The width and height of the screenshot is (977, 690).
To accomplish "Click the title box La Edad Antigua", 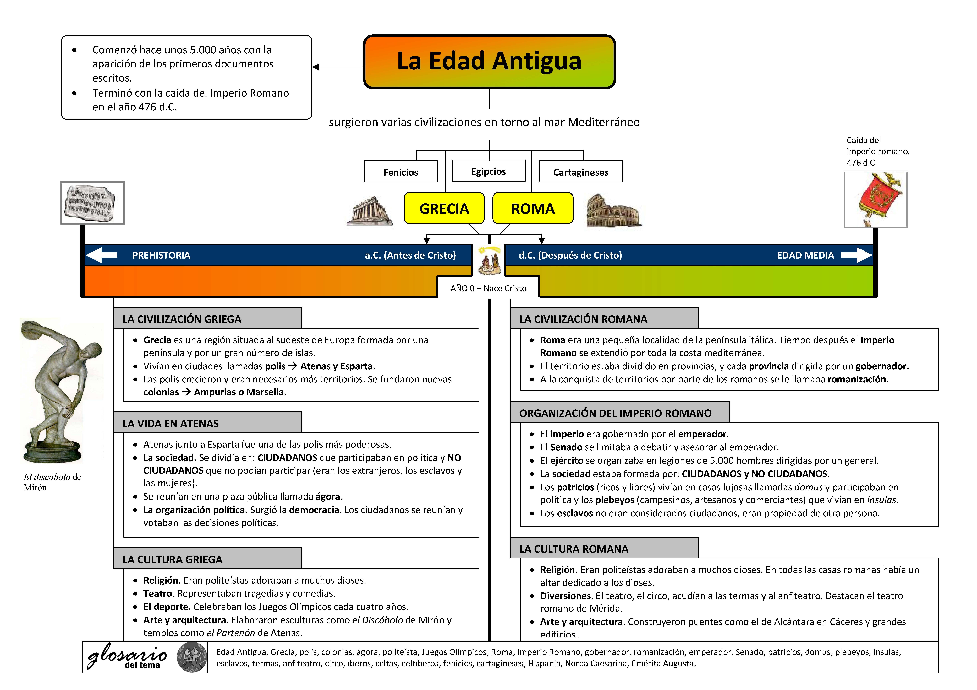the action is (489, 62).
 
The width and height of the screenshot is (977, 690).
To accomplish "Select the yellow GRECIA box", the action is (444, 208).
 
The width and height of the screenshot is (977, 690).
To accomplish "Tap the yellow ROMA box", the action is (533, 208).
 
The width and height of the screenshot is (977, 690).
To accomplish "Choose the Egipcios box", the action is (488, 171).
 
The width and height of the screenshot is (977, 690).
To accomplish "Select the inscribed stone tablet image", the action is (92, 203).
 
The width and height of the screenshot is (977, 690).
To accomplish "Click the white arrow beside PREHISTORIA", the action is (101, 255).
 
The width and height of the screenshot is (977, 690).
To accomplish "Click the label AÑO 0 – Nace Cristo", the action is (488, 288).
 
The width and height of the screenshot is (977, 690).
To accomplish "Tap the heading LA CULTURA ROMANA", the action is (574, 549).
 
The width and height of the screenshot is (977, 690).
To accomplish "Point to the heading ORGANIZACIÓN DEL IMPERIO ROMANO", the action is (615, 413).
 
